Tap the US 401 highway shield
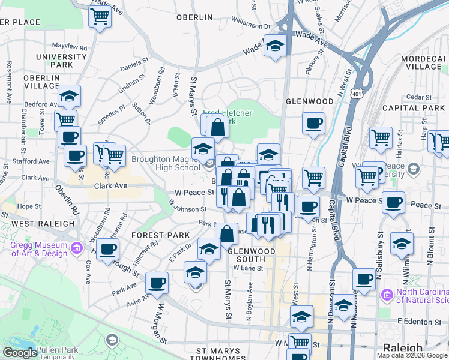tap(357, 94)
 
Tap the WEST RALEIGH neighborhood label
tap(38, 224)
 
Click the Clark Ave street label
tap(110, 186)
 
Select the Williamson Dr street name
tap(251, 26)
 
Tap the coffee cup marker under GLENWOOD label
tap(313, 124)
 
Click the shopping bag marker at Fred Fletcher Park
tap(217, 127)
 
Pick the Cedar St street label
tap(415, 97)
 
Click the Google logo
tap(20, 353)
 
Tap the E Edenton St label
tap(420, 322)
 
